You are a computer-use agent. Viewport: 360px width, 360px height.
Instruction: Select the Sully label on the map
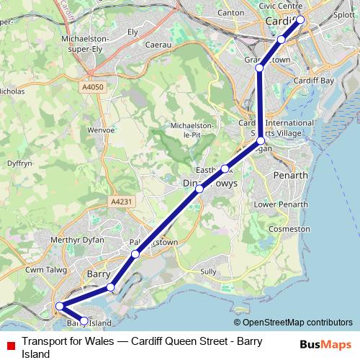pyautogui.click(x=209, y=271)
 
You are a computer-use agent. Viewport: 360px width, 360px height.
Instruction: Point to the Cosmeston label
pyautogui.click(x=288, y=228)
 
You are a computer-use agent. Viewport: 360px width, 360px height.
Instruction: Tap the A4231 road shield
pyautogui.click(x=120, y=202)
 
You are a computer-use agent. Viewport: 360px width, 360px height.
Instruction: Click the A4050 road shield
pyautogui.click(x=93, y=86)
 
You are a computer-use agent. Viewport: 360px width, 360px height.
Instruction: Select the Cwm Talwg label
pyautogui.click(x=45, y=269)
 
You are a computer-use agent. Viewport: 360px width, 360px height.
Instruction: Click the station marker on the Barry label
pyautogui.click(x=110, y=287)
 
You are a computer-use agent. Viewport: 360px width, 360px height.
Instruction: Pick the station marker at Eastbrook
pyautogui.click(x=225, y=168)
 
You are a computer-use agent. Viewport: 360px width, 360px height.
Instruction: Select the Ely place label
pyautogui.click(x=132, y=32)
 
